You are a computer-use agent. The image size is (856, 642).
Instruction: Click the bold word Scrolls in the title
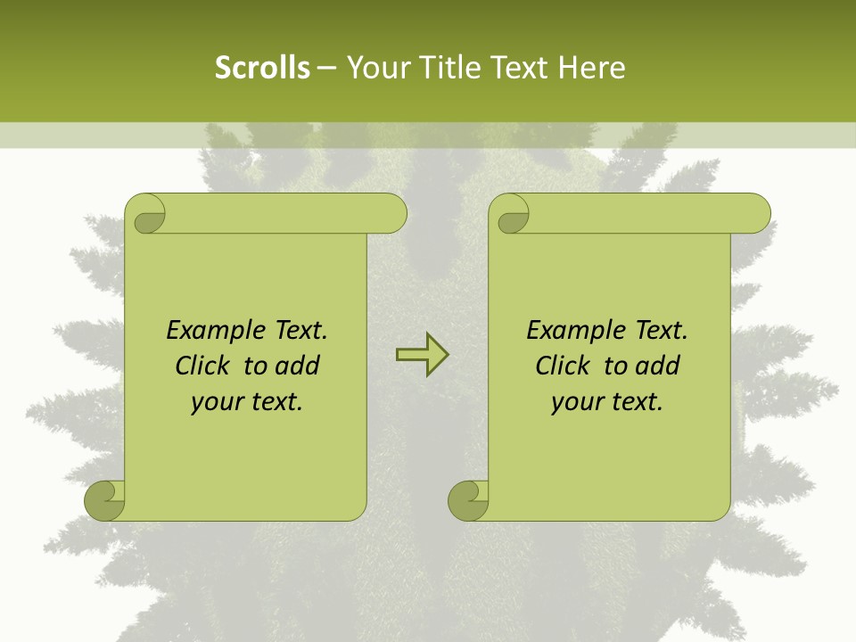(262, 68)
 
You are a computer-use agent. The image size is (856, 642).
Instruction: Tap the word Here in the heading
(592, 68)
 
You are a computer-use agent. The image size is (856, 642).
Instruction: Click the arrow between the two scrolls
(422, 355)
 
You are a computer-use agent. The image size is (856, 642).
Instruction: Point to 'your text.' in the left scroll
(247, 402)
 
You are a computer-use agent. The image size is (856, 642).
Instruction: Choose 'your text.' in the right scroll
(607, 402)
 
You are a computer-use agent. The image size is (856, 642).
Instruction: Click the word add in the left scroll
(298, 366)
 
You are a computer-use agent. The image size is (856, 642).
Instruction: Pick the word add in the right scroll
(658, 366)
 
